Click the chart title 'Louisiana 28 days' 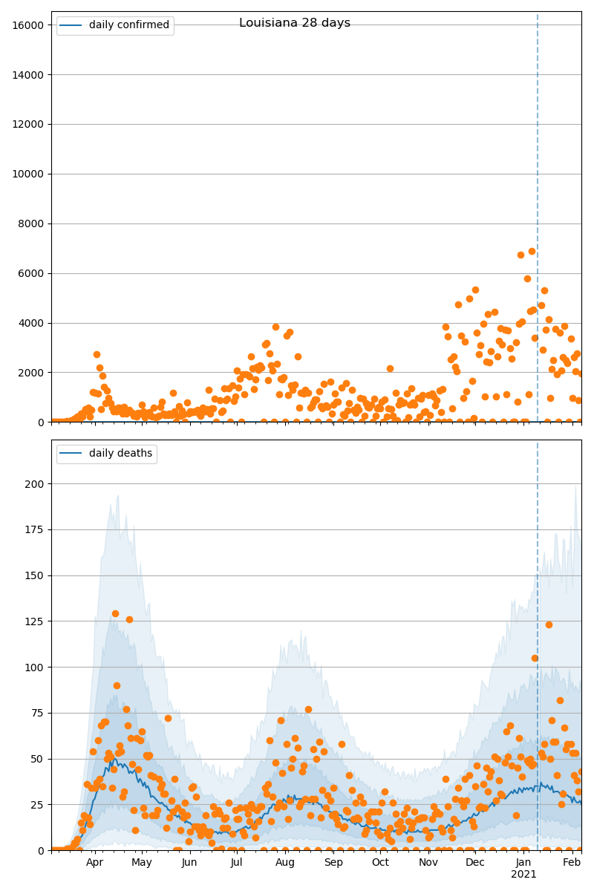pos(295,23)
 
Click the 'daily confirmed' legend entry pos(128,25)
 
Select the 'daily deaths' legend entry pos(122,454)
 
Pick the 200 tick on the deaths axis pos(37,484)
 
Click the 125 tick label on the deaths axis pos(37,621)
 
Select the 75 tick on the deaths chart pos(40,713)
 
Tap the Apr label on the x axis pos(94,862)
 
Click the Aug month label pos(285,862)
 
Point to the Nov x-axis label pos(428,862)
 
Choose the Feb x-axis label pos(572,862)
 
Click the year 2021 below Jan pos(524,875)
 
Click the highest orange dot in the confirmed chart pos(532,251)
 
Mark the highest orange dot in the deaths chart pos(115,613)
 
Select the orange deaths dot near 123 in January pos(549,624)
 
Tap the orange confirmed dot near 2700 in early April pos(97,354)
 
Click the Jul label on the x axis pos(237,862)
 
